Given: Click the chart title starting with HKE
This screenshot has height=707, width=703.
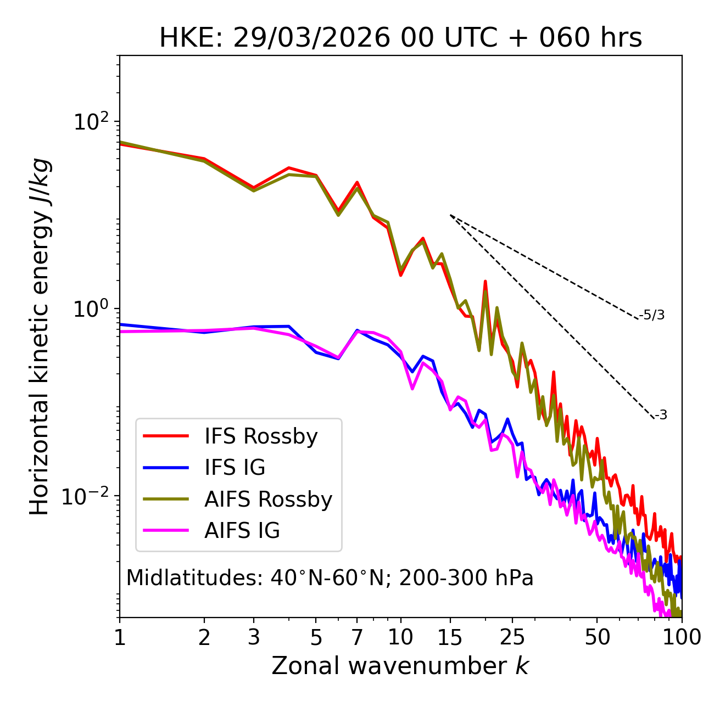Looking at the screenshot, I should (400, 38).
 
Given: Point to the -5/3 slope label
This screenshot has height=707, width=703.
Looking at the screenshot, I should (652, 315).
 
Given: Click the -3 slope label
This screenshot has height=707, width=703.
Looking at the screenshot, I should (661, 416).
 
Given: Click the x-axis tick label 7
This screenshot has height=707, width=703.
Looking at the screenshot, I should (357, 637).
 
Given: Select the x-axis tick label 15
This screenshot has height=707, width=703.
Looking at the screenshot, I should (450, 637).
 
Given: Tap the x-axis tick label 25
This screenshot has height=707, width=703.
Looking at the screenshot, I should (512, 637).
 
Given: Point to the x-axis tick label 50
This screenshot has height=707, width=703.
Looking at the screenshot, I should (597, 637).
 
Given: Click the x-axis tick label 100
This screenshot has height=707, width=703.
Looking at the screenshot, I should (681, 637).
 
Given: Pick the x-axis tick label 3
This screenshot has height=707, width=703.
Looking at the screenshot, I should (253, 637).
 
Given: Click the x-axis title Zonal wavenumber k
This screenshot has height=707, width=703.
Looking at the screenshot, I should (400, 666).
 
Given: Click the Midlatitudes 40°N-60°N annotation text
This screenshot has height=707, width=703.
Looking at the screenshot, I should (330, 578).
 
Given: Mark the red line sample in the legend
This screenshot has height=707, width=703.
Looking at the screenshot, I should (166, 436).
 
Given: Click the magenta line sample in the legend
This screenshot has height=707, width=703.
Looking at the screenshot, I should (166, 531).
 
